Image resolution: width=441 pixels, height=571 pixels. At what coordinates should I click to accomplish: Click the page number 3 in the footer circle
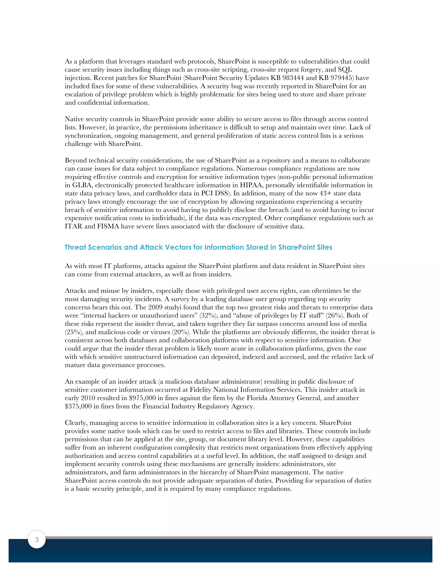[37, 539]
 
